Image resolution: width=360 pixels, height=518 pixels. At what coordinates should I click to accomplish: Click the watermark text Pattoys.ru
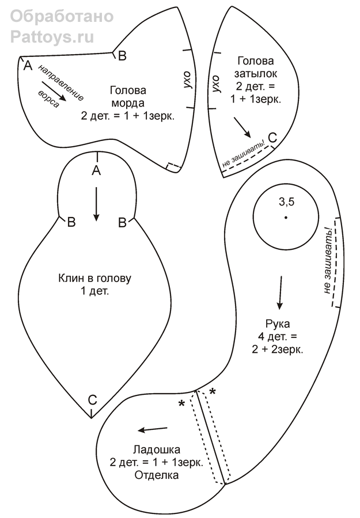click(x=52, y=37)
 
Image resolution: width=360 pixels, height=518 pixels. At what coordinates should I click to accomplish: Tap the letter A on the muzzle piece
click(x=28, y=66)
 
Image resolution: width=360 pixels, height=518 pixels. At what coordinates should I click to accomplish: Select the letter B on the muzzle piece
click(x=122, y=56)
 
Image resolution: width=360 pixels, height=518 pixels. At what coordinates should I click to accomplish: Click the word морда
click(x=128, y=103)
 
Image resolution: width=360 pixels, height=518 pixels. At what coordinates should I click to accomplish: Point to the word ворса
click(x=48, y=98)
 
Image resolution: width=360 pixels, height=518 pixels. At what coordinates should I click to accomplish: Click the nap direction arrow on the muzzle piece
click(x=54, y=91)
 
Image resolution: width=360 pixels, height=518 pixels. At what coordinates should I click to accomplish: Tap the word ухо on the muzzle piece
click(x=187, y=79)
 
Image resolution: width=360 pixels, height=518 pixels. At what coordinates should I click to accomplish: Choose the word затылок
click(x=256, y=74)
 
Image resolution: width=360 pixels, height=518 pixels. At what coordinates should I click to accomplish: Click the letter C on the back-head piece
click(x=272, y=138)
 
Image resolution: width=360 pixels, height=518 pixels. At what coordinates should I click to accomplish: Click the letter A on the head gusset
click(x=96, y=170)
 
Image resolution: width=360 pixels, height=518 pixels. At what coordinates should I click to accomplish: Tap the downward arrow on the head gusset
click(x=96, y=204)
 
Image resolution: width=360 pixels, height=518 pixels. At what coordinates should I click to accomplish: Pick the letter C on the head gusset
click(x=92, y=400)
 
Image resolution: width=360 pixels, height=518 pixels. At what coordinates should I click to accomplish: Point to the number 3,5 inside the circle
click(x=287, y=201)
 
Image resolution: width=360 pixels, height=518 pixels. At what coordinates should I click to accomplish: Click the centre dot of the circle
click(x=286, y=217)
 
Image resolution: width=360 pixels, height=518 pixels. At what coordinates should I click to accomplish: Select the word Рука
click(x=278, y=324)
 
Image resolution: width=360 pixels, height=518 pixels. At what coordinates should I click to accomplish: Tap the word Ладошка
click(x=157, y=450)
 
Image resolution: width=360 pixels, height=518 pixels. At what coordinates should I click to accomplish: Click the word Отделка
click(x=157, y=475)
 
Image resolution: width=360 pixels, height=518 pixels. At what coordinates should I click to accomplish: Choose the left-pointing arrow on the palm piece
click(x=153, y=429)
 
